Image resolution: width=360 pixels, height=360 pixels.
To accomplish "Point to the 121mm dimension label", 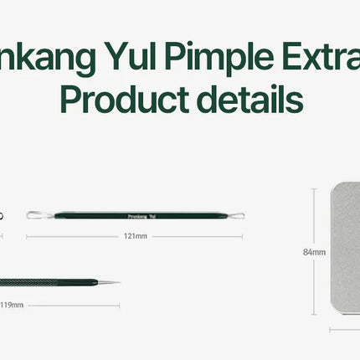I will point(135,236).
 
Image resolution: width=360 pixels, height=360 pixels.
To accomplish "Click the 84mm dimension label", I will point(314,251).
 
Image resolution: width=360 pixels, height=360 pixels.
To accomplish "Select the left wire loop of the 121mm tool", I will point(36,216).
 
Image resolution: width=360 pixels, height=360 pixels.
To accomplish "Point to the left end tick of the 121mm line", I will point(27,236).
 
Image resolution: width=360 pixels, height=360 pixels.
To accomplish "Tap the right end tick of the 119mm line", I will point(120,305).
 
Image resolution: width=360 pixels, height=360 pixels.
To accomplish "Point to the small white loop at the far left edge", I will point(2,216).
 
